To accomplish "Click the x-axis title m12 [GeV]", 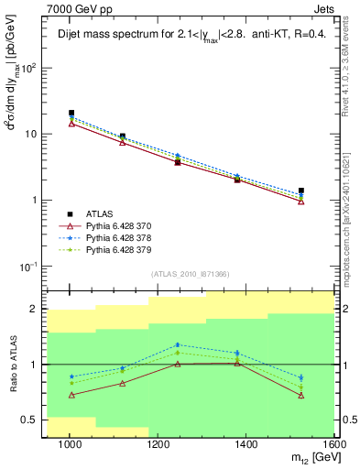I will tap(311, 459).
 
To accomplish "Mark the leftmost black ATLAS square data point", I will tap(71, 113).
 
